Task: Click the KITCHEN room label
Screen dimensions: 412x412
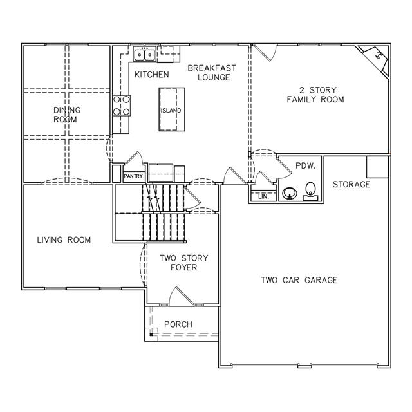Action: (x=152, y=75)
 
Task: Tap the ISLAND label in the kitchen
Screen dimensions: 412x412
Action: (x=171, y=111)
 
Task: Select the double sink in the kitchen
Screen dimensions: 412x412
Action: (x=144, y=54)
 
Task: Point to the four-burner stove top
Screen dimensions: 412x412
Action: (x=122, y=106)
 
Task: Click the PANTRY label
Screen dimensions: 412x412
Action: (x=133, y=176)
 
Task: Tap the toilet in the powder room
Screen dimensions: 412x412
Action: (x=310, y=192)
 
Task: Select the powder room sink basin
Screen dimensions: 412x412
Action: (x=290, y=193)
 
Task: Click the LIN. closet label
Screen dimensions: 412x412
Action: (x=263, y=197)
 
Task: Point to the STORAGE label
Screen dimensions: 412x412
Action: (x=351, y=185)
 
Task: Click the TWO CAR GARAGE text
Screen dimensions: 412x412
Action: (x=299, y=280)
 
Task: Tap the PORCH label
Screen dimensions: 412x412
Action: (x=178, y=324)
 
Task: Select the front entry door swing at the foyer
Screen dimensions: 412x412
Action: (x=180, y=296)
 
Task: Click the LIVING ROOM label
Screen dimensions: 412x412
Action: (x=64, y=240)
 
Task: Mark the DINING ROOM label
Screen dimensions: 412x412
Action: (x=67, y=115)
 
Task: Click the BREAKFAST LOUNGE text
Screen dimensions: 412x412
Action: (x=212, y=73)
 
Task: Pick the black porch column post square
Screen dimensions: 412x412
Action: (x=151, y=335)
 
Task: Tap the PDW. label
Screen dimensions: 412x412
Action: (x=305, y=166)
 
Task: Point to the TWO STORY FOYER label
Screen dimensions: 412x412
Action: (x=184, y=263)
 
